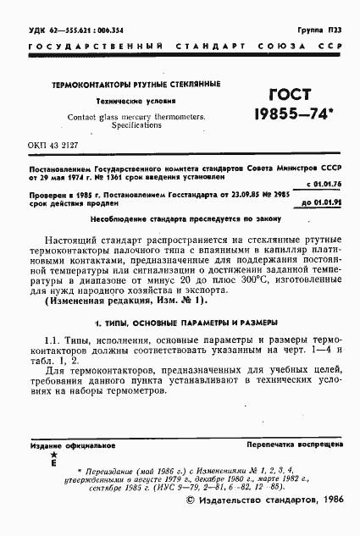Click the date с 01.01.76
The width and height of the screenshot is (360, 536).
[324, 183]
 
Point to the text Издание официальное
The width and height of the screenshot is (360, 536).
[65, 444]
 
